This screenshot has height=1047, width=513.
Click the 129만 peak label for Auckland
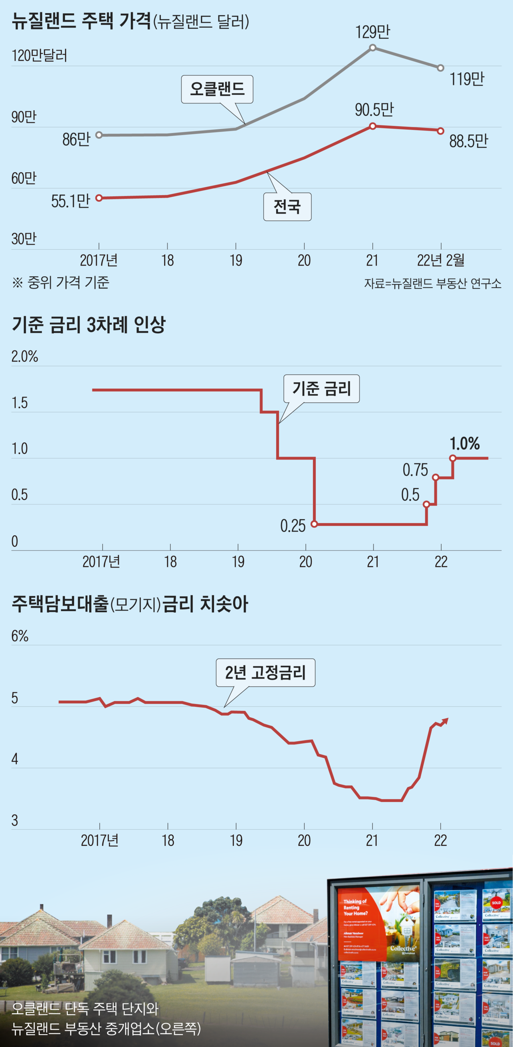pyautogui.click(x=372, y=32)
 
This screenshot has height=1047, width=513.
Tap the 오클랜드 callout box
pyautogui.click(x=217, y=89)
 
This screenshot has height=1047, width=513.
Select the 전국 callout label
pyautogui.click(x=287, y=207)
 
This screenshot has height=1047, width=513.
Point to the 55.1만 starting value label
pyautogui.click(x=70, y=201)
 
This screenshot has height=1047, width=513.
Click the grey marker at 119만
pyautogui.click(x=440, y=68)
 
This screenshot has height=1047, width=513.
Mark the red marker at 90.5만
pyautogui.click(x=372, y=126)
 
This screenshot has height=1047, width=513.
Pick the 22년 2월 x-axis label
pyautogui.click(x=440, y=260)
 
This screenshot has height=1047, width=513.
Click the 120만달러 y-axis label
pyautogui.click(x=39, y=56)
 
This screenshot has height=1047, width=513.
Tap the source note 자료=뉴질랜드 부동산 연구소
pyautogui.click(x=432, y=283)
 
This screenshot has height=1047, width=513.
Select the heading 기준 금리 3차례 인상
pyautogui.click(x=89, y=325)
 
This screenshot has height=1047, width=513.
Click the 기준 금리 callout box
pyautogui.click(x=321, y=389)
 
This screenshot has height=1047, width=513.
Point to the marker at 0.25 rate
pyautogui.click(x=314, y=524)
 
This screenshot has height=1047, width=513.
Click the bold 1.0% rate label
pyautogui.click(x=464, y=444)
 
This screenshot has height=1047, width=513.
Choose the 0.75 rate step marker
pyautogui.click(x=435, y=477)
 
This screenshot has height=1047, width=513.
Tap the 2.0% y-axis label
pyautogui.click(x=24, y=357)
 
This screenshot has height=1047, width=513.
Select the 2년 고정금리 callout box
pyautogui.click(x=265, y=673)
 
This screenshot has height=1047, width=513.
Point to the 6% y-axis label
pyautogui.click(x=20, y=635)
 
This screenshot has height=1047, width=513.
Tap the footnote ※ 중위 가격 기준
pyautogui.click(x=61, y=282)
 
